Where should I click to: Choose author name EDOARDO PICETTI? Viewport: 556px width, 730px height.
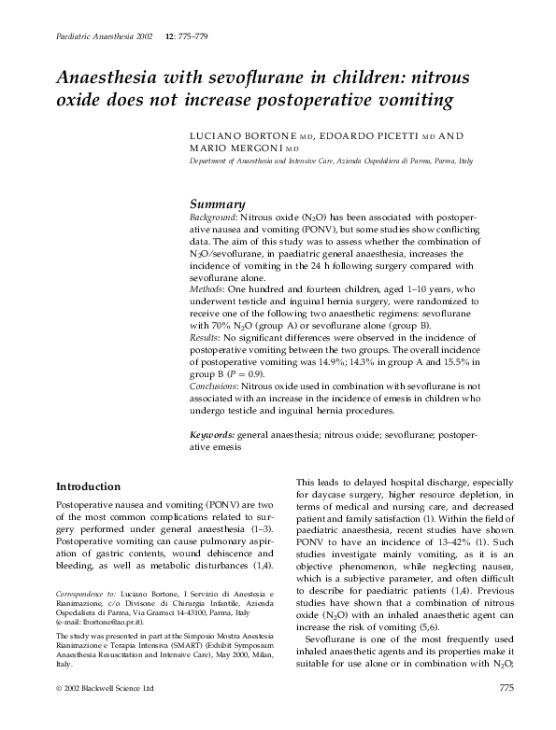click(x=363, y=136)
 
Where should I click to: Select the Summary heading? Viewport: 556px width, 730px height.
click(x=217, y=204)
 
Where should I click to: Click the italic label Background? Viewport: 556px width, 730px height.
click(x=213, y=218)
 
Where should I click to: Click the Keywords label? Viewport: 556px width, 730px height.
click(x=212, y=435)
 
